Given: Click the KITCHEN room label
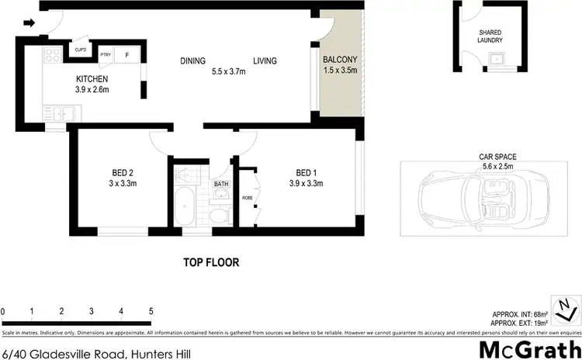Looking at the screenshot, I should [x=92, y=79].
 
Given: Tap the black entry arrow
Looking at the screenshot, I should [x=29, y=23].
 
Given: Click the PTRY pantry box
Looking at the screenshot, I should [x=106, y=55].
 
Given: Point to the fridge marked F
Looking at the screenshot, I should [x=127, y=55].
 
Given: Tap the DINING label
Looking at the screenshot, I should [x=193, y=61].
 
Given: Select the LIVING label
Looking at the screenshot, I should [x=264, y=61].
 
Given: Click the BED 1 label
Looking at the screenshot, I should [x=306, y=172].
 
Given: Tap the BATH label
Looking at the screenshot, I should [x=221, y=184].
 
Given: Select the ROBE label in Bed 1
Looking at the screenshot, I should [x=248, y=197].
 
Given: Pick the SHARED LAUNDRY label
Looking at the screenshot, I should [x=490, y=36].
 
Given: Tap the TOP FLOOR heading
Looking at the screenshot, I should [x=211, y=262].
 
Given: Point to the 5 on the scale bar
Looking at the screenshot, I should [x=151, y=311].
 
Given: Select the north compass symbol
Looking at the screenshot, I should [x=566, y=308].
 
